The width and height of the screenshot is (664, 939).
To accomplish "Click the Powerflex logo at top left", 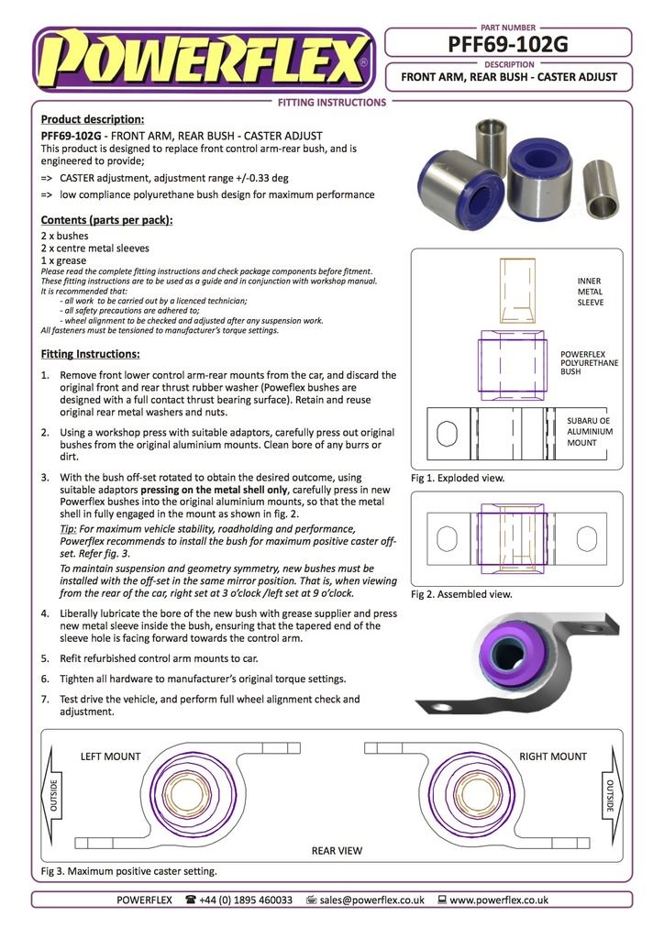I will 204,61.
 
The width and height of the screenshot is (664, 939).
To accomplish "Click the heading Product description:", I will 92,119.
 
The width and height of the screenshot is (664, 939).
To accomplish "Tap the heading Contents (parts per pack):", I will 106,220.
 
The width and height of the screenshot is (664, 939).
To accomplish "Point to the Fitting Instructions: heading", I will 90,354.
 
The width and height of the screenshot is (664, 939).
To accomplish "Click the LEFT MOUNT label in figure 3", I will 111,757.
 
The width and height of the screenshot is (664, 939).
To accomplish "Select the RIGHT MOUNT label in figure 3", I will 552,757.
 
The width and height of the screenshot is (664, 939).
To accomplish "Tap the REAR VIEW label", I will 337,850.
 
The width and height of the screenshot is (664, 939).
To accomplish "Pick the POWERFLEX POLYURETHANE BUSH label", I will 589,362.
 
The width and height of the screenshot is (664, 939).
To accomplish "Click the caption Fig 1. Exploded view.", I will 458,478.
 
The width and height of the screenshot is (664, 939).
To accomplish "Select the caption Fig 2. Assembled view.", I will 461,594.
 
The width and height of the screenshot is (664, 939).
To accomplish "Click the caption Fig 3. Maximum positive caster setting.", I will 129,870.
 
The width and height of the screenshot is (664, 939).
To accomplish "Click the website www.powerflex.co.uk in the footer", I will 499,900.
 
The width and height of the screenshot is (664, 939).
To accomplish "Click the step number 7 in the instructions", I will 46,699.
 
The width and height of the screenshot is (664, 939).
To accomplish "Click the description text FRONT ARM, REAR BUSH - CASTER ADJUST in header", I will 509,77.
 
